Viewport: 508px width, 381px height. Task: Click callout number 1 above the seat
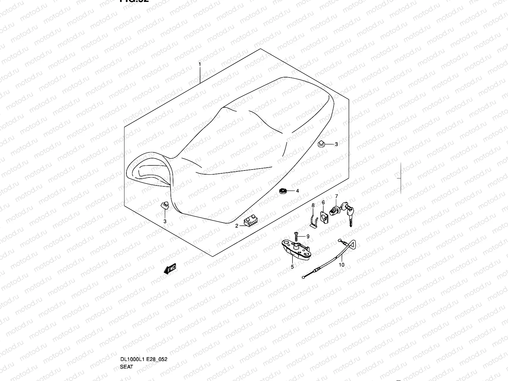[200, 64]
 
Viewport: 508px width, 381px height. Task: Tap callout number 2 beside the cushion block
[237, 226]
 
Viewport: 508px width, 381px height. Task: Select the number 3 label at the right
[336, 144]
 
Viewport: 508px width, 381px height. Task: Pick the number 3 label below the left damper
[165, 221]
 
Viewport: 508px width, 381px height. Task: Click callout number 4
[297, 191]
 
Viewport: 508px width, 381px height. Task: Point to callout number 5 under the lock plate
[292, 267]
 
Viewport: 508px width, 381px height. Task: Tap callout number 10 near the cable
[341, 264]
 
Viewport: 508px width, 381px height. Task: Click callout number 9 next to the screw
[308, 237]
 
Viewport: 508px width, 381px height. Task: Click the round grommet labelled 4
[282, 191]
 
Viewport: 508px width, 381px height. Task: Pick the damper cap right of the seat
[321, 144]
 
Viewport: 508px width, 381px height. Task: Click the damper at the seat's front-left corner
[164, 205]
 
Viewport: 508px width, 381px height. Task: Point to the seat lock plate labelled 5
[295, 249]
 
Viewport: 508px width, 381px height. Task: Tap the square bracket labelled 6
[324, 217]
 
